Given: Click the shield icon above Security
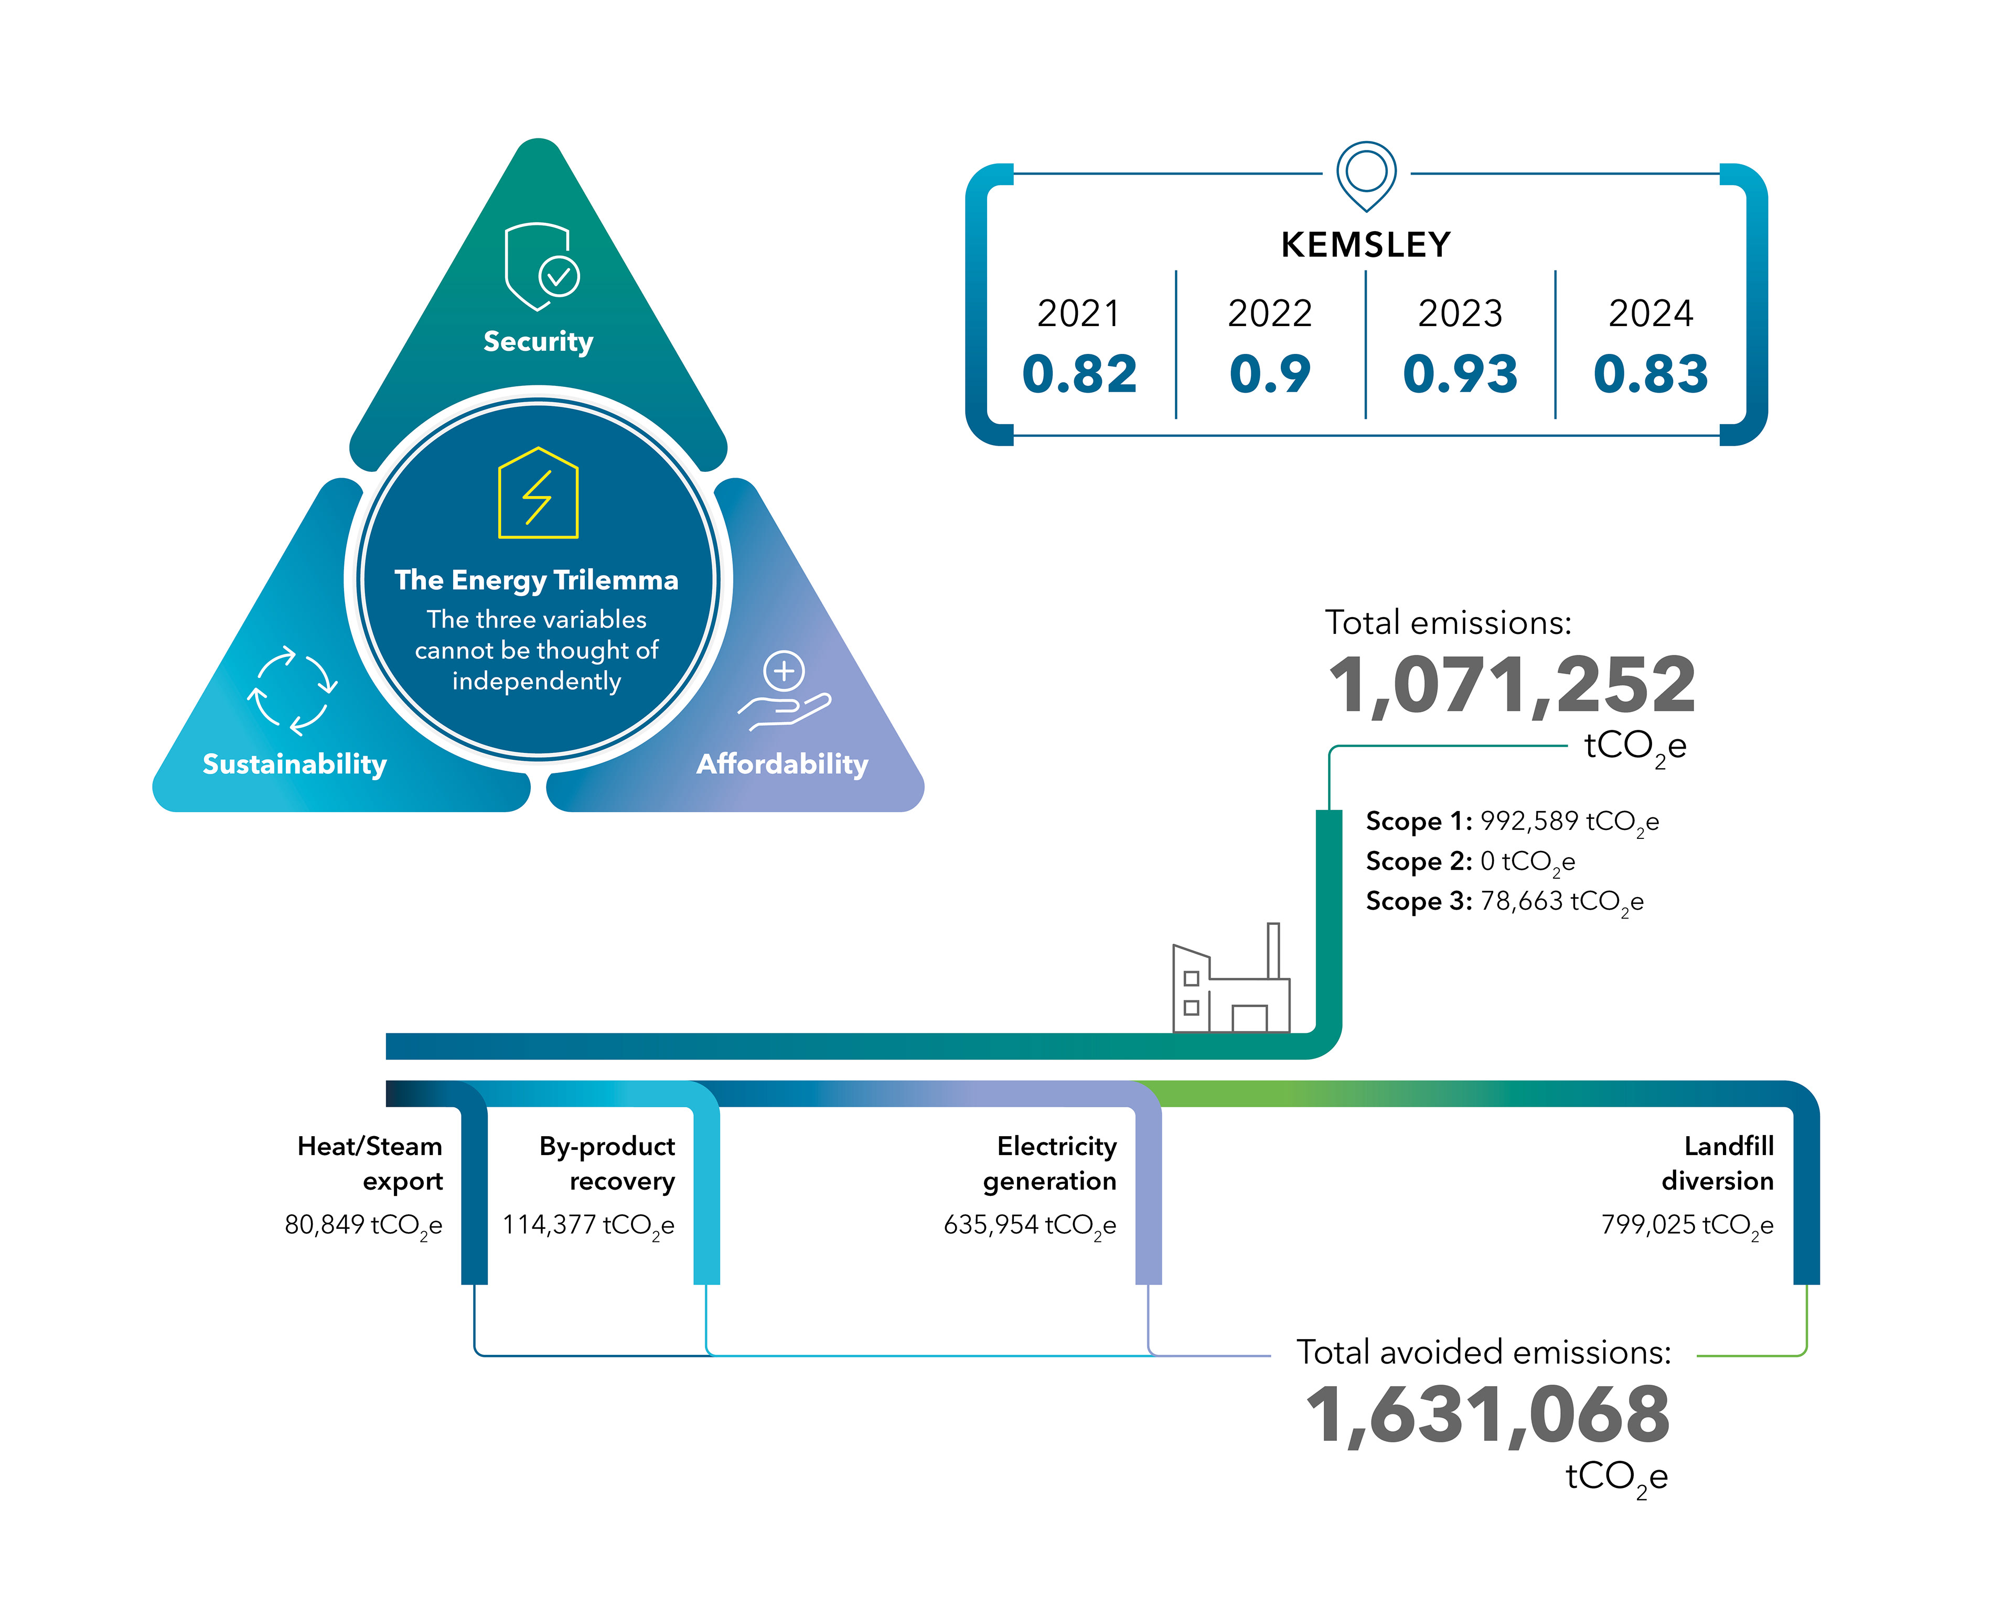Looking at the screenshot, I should click(x=540, y=266).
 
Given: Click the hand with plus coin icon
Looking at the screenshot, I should click(x=784, y=691).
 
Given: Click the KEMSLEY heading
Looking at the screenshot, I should click(x=1366, y=245).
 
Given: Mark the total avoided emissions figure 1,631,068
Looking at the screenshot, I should click(x=1487, y=1416).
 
